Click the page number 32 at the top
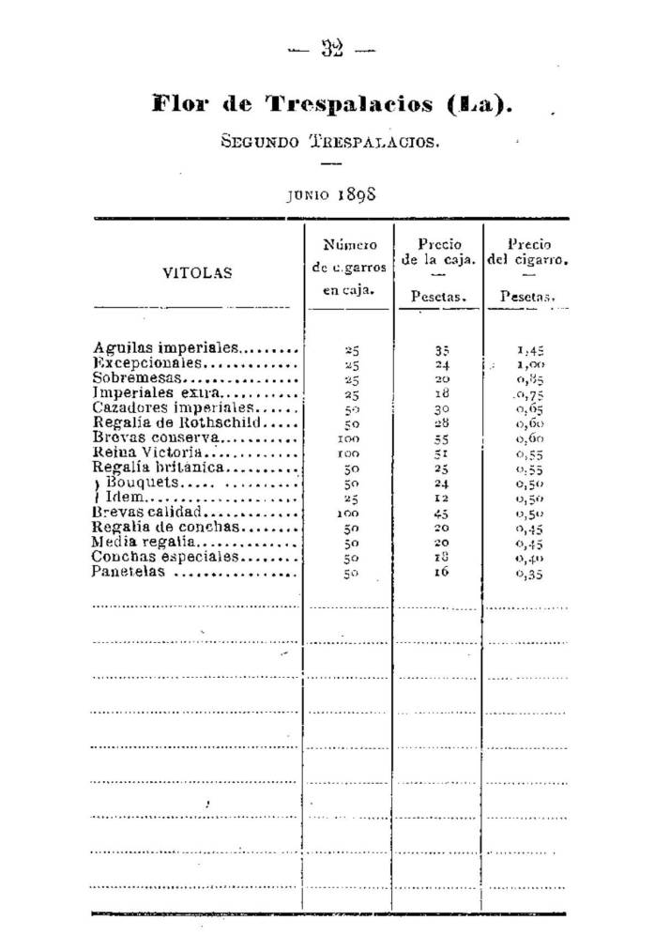(330, 50)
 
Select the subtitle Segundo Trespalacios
(329, 142)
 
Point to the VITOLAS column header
(197, 274)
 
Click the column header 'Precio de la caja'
(437, 253)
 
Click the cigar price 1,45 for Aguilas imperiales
(529, 349)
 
